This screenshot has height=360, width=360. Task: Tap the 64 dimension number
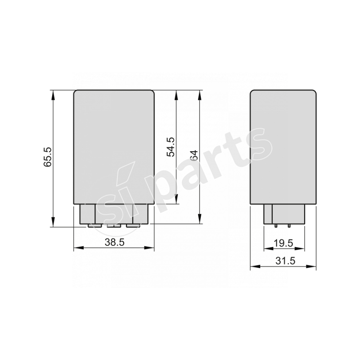click(x=194, y=156)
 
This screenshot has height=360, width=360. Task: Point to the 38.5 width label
click(x=114, y=242)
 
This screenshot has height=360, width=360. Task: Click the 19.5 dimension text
click(x=283, y=243)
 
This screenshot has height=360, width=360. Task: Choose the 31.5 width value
click(x=283, y=261)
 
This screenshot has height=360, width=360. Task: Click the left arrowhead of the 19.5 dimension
click(x=266, y=248)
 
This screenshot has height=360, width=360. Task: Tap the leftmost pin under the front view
click(x=94, y=225)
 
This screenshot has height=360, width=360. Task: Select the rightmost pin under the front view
click(x=131, y=225)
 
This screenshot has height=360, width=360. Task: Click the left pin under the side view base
click(x=275, y=225)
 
